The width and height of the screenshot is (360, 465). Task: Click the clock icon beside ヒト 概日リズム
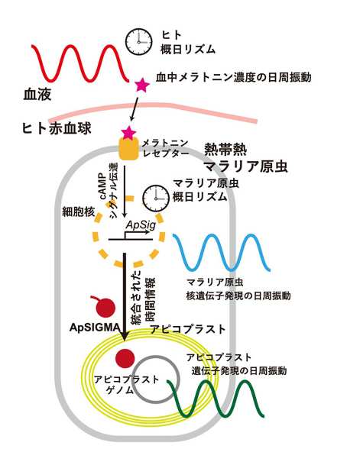[138, 42]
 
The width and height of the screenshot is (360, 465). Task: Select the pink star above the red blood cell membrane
[141, 85]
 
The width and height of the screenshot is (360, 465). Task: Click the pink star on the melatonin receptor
[129, 133]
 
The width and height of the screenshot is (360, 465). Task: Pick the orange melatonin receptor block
[129, 149]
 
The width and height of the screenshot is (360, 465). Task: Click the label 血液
[37, 95]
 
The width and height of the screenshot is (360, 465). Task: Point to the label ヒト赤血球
[57, 129]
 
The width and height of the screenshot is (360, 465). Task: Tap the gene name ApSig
[141, 225]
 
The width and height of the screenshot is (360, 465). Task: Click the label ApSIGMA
[95, 328]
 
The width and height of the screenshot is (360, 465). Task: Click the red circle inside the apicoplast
[125, 358]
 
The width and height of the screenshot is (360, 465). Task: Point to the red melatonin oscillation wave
[79, 63]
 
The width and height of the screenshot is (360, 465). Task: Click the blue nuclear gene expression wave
[221, 253]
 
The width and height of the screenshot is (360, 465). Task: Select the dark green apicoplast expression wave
[216, 399]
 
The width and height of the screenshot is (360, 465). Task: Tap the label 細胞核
[79, 212]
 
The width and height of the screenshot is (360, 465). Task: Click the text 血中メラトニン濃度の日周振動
[234, 77]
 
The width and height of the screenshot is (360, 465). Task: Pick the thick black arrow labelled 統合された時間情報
[125, 296]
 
